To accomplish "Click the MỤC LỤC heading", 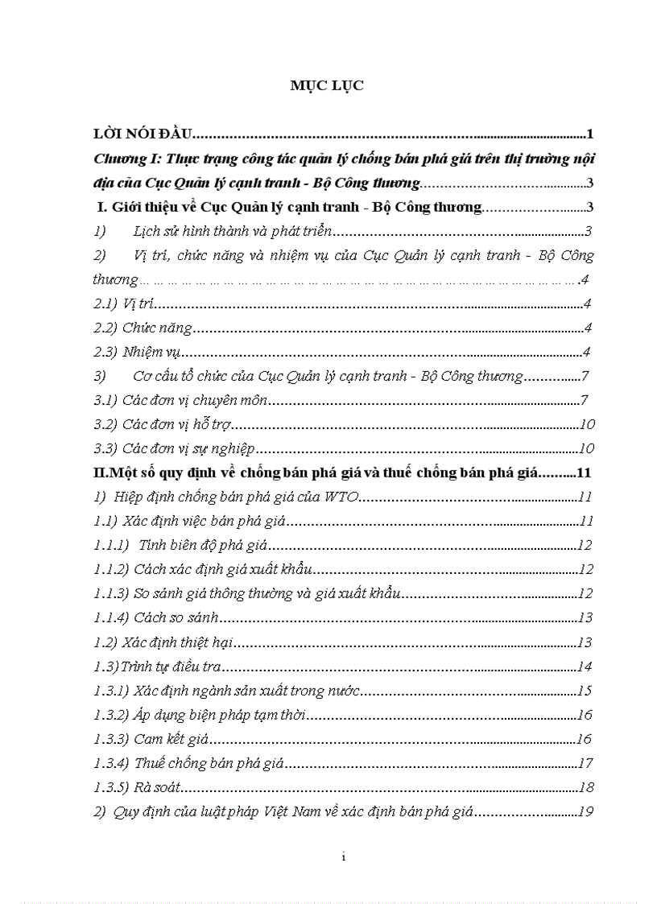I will click(327, 86).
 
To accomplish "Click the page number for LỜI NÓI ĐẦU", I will click(590, 134).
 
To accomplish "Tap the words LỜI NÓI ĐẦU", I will click(138, 134).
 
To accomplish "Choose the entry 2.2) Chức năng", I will click(143, 328).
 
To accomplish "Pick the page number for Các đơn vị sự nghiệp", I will click(586, 448).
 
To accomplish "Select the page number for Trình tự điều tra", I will click(585, 667).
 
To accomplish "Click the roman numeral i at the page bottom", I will click(343, 857).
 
